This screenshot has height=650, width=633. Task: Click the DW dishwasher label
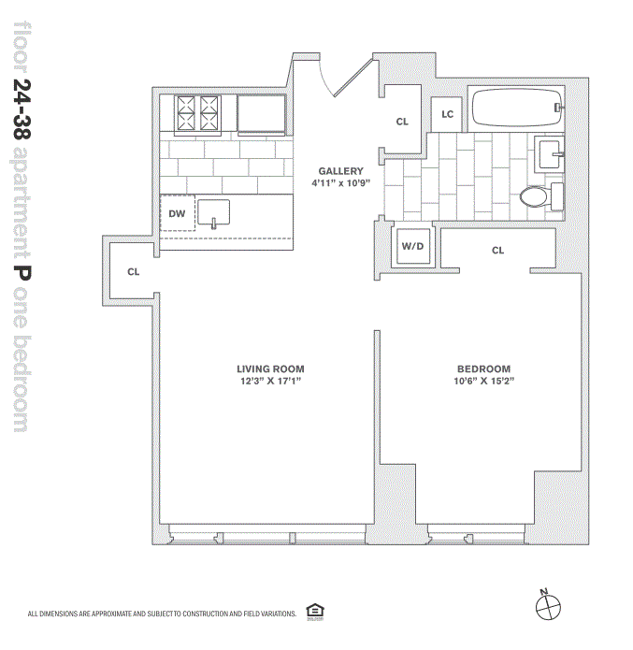pos(177,214)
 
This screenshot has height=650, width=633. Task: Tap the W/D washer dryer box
pos(413,247)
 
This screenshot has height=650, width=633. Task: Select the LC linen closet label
pos(448,114)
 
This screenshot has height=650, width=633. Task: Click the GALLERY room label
pos(340,171)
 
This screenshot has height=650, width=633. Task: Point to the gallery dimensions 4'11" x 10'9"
pos(340,183)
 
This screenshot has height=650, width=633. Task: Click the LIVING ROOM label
pos(270,368)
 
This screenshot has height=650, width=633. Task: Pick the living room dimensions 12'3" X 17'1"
pos(270,382)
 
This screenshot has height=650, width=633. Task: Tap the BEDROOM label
pos(483,368)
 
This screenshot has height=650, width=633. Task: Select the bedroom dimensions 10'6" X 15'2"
pos(483,382)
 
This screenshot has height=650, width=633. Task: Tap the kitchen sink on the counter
pos(214,212)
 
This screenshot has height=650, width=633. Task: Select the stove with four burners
pos(197,114)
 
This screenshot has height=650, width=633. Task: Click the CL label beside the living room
pos(134,272)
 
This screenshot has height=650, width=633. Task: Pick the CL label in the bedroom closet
pos(497,251)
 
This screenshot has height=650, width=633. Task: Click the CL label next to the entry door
pos(402,122)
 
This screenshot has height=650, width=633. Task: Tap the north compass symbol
pos(549,605)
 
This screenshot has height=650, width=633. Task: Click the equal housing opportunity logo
pos(314,613)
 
